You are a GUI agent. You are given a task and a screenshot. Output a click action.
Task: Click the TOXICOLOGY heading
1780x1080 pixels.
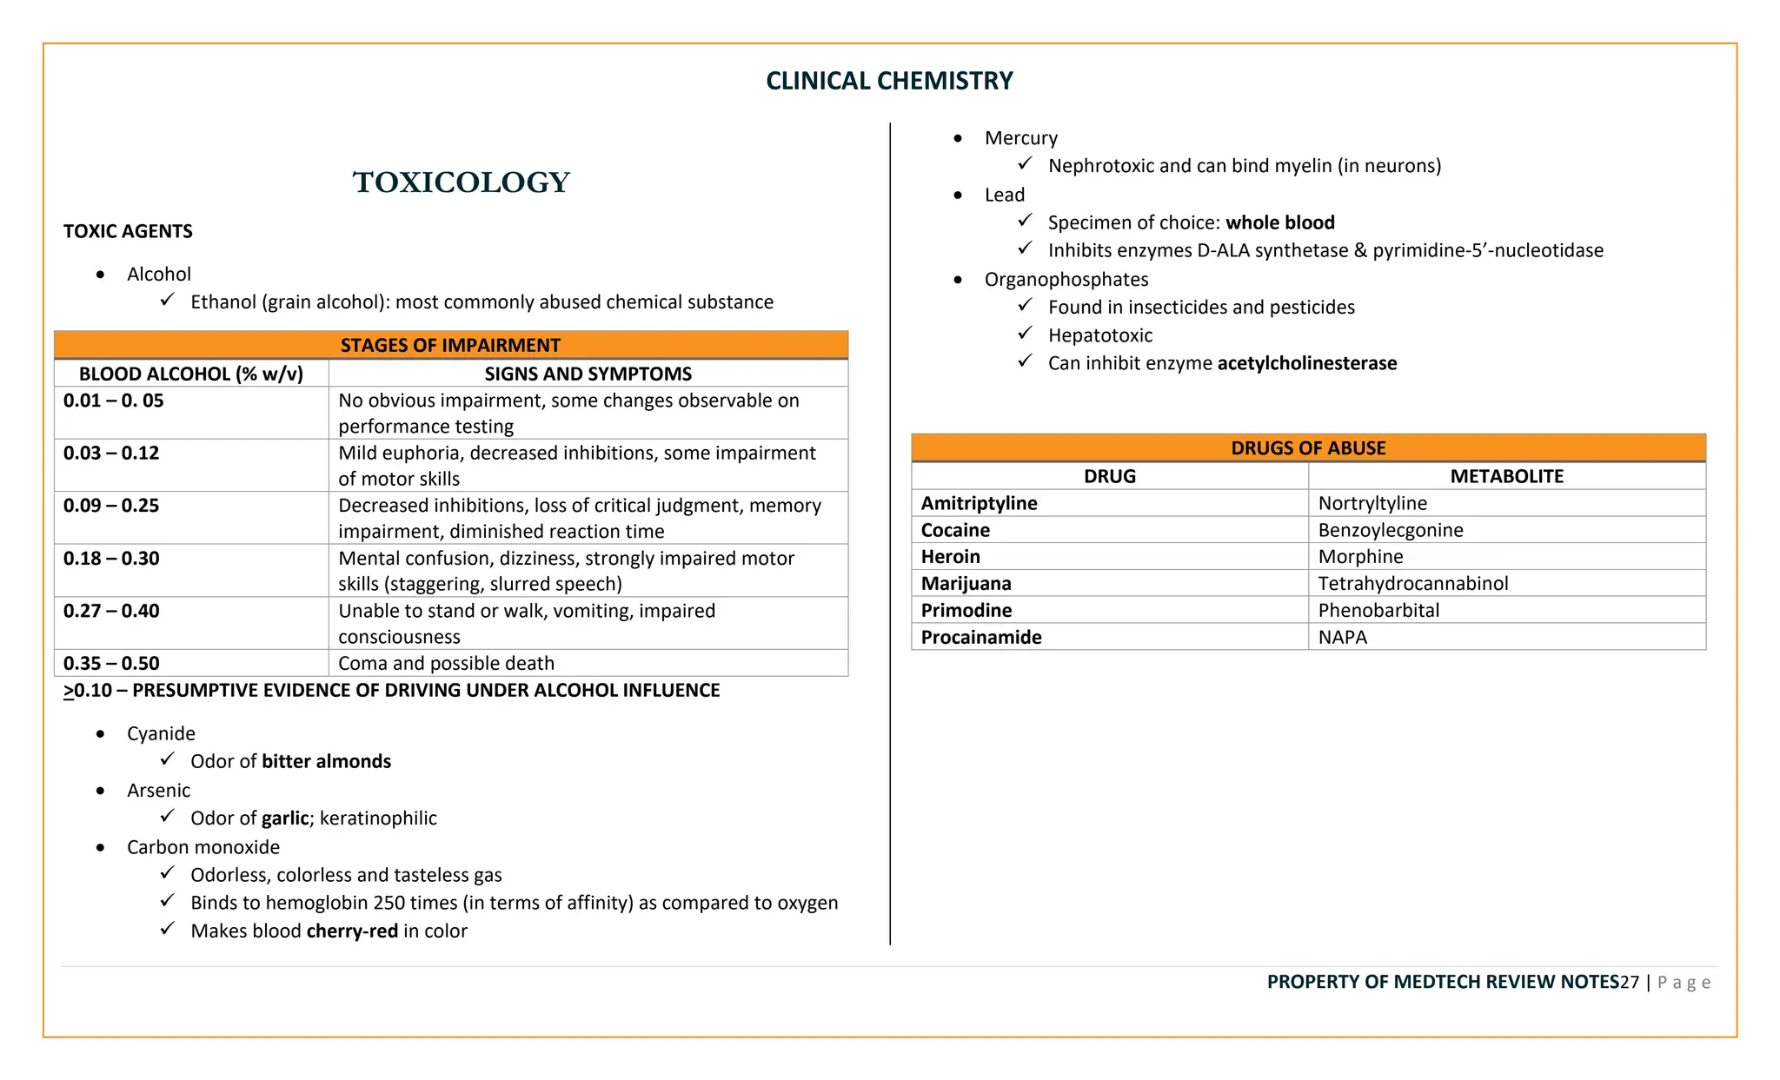[461, 182]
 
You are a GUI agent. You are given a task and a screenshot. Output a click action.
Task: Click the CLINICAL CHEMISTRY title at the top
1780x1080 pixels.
[889, 81]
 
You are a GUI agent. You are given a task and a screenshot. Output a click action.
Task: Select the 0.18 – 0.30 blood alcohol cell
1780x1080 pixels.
[111, 559]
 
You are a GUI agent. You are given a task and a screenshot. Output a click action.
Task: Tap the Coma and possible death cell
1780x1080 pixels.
[446, 663]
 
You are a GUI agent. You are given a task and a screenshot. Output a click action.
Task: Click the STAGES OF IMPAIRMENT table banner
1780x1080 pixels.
[450, 345]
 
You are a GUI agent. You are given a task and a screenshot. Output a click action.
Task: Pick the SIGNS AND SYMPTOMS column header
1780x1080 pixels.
[588, 374]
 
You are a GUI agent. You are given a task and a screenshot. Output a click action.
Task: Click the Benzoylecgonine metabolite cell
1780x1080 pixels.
[1390, 530]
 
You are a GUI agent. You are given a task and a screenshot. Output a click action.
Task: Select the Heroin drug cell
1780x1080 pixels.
[950, 557]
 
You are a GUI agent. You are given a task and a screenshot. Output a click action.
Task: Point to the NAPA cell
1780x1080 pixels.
[1342, 637]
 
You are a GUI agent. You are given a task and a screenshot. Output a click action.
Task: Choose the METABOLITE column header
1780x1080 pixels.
[1506, 476]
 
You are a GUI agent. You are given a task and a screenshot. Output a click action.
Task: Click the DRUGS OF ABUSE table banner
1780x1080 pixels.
[1308, 448]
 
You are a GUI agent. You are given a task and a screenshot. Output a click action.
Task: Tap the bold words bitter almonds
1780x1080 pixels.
[326, 761]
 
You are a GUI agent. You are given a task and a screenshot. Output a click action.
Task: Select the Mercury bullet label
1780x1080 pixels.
[1020, 138]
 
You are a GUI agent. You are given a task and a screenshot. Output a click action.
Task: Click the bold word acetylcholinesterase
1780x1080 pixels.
[1306, 363]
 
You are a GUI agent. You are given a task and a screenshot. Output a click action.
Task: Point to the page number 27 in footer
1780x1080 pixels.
[1629, 982]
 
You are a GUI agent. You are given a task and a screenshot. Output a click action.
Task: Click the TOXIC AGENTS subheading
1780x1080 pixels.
[128, 231]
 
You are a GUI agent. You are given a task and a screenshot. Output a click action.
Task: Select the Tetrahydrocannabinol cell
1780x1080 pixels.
[1412, 583]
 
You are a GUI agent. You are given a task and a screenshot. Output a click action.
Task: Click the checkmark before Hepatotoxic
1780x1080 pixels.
[1025, 334]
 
